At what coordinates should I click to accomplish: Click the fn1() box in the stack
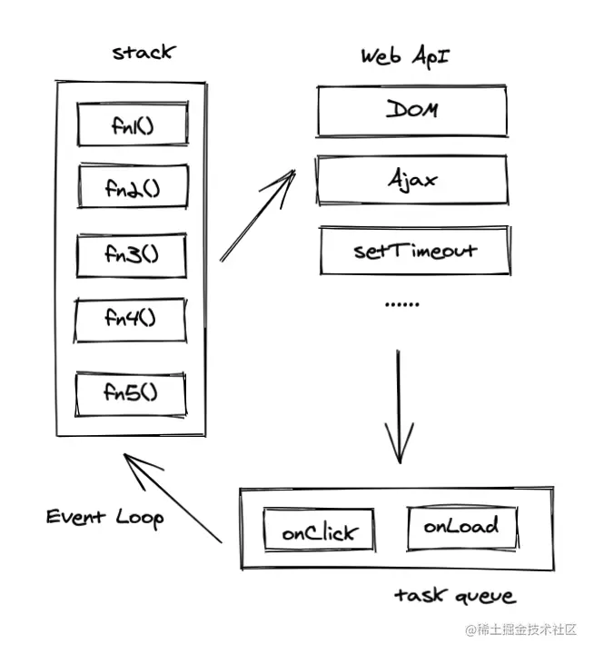133,125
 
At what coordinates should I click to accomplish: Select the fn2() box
133,188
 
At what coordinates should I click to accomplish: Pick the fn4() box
132,319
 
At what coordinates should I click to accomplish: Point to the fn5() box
132,392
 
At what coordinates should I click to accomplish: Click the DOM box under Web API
411,110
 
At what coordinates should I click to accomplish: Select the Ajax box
411,179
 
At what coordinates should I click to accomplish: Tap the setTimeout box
414,250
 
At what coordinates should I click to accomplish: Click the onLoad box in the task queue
461,526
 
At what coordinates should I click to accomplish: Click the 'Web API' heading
404,55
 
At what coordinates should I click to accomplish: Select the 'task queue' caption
454,596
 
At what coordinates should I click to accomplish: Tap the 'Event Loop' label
105,518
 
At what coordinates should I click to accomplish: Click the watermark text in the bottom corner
527,629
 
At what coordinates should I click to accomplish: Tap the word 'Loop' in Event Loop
139,518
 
